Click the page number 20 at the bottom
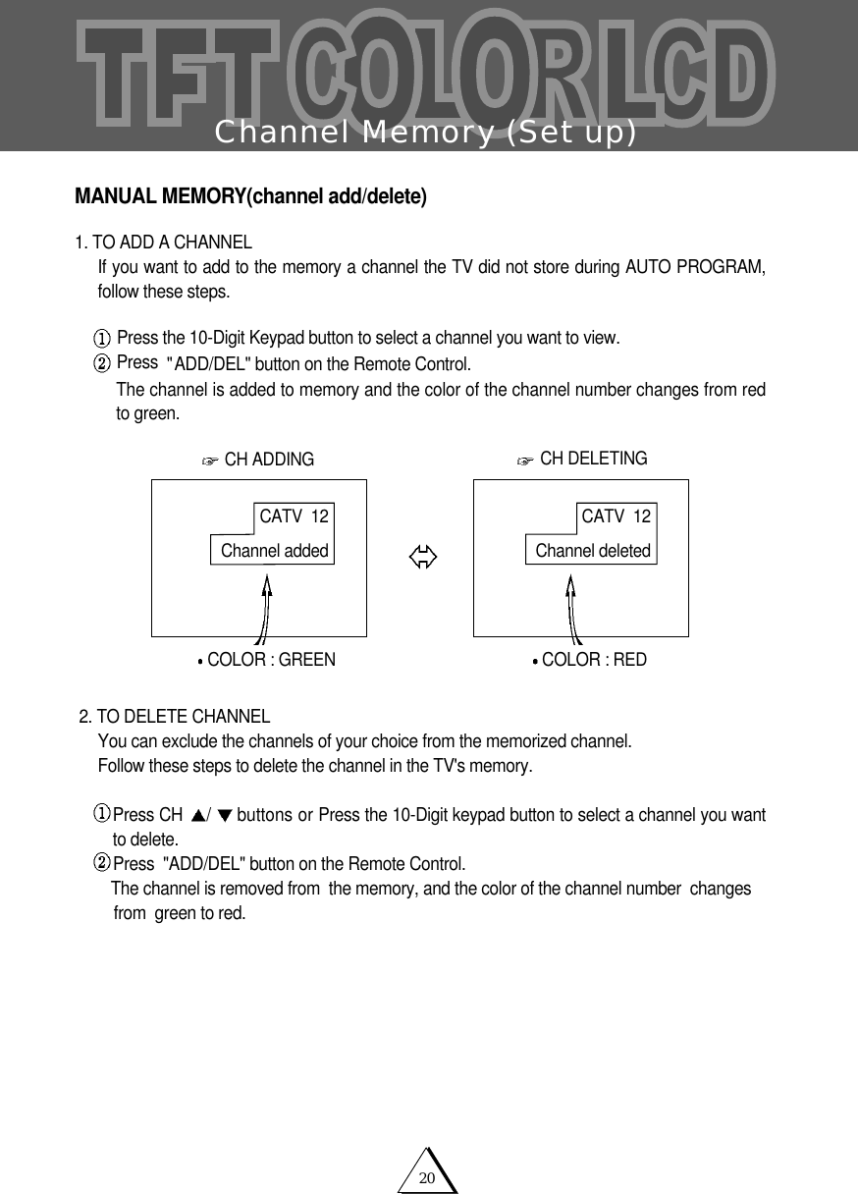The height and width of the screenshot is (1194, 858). click(427, 1177)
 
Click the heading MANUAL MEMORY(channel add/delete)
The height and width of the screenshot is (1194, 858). click(250, 196)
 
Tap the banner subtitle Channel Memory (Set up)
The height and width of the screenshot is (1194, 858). click(426, 132)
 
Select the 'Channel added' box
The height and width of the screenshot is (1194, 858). click(274, 551)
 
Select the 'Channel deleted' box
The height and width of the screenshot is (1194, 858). click(592, 551)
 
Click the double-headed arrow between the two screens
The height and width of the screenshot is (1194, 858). click(423, 559)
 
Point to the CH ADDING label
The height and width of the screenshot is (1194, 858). click(269, 460)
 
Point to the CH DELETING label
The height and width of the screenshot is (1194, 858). click(593, 459)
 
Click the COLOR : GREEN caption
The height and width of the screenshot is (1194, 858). click(271, 660)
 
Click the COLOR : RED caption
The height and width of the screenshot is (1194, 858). click(594, 660)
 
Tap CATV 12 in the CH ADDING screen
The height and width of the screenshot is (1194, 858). click(294, 516)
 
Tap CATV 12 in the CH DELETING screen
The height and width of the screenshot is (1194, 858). click(616, 516)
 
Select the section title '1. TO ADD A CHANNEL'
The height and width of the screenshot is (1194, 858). click(164, 243)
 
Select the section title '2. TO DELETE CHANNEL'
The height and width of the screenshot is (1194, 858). click(175, 716)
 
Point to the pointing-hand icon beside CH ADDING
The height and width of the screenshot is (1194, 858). click(208, 461)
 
